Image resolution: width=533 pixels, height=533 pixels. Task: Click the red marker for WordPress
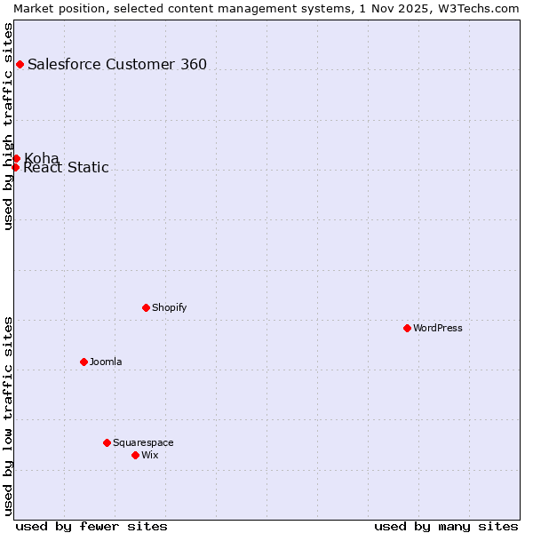coord(407,328)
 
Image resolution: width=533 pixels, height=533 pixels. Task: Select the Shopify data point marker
coord(146,307)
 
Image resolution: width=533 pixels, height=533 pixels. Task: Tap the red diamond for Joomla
coord(84,362)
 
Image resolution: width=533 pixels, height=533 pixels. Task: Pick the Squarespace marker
coord(107,442)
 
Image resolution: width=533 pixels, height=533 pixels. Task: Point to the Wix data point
coord(135,455)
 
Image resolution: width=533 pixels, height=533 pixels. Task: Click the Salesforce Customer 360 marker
coord(20,64)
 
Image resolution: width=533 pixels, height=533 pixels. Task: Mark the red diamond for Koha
coord(16,158)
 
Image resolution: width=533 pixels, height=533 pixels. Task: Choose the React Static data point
coord(15,167)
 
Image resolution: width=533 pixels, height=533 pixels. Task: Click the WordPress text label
coord(437,328)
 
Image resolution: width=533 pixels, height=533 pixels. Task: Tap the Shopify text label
coord(169,307)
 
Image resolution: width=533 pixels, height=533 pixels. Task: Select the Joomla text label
coord(106,362)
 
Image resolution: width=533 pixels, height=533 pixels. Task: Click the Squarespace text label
coord(143,442)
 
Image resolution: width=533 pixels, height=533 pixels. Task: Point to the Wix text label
coord(149,455)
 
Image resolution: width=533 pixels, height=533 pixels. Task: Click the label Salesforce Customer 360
coord(117,64)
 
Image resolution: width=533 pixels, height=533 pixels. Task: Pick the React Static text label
coord(66,168)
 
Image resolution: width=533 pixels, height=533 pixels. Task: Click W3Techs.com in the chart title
coord(477,7)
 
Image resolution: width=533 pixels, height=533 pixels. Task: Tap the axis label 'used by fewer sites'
coord(91,526)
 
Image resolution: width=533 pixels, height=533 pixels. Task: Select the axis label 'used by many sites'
coord(446,526)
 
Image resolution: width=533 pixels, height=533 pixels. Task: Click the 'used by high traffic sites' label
coord(8,126)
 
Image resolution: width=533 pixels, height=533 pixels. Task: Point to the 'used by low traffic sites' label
coord(8,416)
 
